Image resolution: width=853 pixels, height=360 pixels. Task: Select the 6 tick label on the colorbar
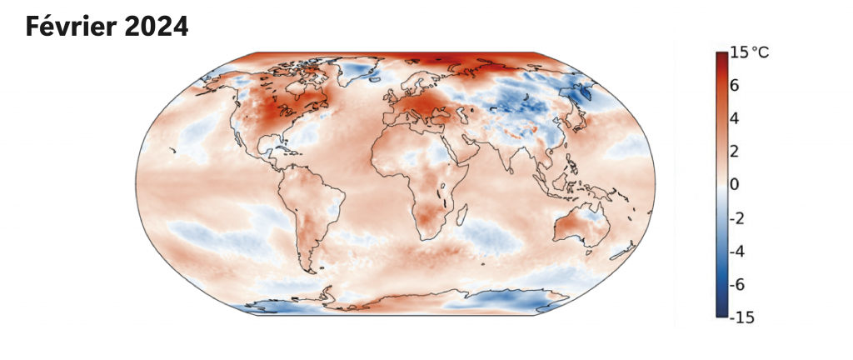[x=736, y=85]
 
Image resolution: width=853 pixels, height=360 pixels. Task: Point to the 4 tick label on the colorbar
[x=736, y=118]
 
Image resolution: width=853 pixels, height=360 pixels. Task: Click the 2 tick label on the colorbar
[x=736, y=151]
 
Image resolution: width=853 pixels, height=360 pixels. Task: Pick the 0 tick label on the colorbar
[x=736, y=184]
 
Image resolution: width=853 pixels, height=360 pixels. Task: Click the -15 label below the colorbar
[x=741, y=316]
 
